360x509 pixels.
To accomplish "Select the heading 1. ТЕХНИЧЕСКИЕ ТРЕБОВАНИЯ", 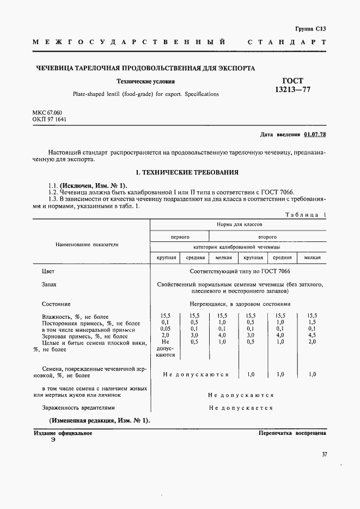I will coord(187,172).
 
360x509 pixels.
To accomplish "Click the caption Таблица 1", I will coord(305,215).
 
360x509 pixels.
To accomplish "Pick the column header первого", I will coord(180,237).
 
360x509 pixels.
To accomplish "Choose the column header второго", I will coord(267,237).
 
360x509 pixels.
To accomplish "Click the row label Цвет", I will coord(48,271).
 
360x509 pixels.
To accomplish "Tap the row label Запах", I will coord(49,284).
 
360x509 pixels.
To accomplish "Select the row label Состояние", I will coord(56,304).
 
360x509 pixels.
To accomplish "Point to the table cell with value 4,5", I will coord(312,336).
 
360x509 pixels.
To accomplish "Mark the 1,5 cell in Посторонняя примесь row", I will coord(312,323).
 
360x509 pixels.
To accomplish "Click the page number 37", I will coord(324,454).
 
